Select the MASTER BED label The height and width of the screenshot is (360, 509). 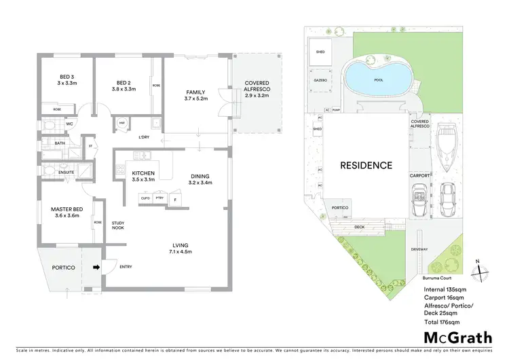pyautogui.click(x=66, y=211)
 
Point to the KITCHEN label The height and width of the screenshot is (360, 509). pyautogui.click(x=143, y=174)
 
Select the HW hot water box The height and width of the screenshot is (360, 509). pyautogui.click(x=122, y=123)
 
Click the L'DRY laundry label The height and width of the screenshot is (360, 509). pyautogui.click(x=143, y=138)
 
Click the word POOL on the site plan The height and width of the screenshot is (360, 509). pyautogui.click(x=378, y=79)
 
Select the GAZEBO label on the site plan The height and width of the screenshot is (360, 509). pyautogui.click(x=320, y=80)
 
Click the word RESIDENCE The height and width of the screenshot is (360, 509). pyautogui.click(x=366, y=165)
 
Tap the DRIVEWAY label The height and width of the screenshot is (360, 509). pyautogui.click(x=419, y=249)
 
